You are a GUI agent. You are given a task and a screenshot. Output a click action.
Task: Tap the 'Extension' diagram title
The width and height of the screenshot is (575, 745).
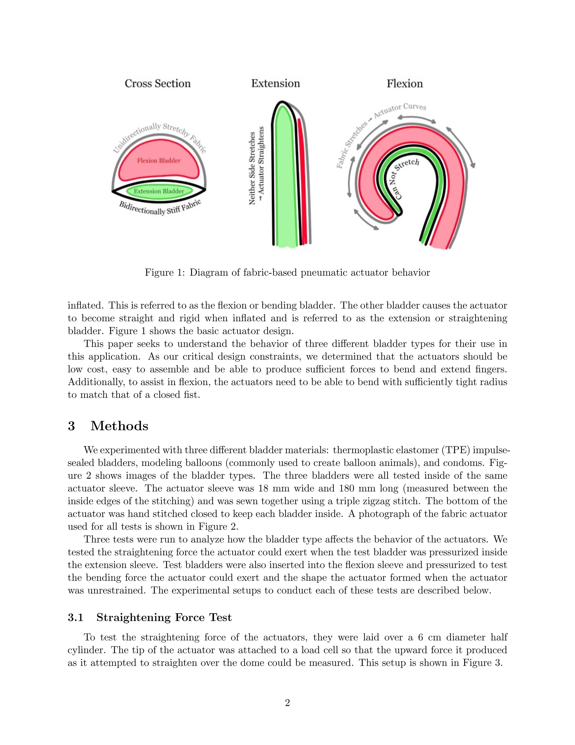click(275, 84)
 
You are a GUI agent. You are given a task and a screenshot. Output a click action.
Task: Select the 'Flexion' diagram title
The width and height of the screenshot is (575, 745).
click(404, 84)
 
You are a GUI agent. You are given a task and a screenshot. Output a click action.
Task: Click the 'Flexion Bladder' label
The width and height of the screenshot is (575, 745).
click(159, 161)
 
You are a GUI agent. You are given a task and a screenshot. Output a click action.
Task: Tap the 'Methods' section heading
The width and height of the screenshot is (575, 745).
click(119, 426)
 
